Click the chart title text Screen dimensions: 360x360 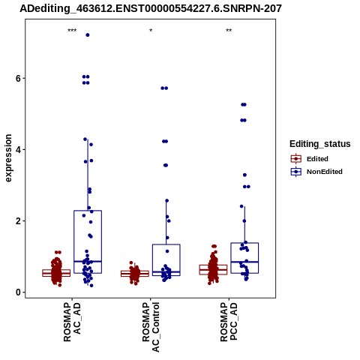[151, 8]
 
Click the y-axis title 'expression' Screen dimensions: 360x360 [8, 158]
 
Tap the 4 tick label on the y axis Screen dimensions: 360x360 [18, 150]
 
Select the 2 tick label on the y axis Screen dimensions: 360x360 [18, 221]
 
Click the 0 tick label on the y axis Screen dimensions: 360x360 [18, 292]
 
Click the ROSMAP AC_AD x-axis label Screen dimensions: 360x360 [72, 322]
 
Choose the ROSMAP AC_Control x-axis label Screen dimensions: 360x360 [151, 327]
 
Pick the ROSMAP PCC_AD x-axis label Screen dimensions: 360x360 [229, 322]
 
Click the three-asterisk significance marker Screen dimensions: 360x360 [72, 31]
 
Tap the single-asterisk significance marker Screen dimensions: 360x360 [151, 31]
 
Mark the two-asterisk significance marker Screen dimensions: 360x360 [229, 31]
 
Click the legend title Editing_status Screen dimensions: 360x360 [320, 144]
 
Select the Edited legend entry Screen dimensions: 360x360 [309, 159]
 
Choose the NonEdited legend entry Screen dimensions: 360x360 [316, 172]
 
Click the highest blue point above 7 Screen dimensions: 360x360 [88, 35]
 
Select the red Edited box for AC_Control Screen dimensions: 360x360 [135, 271]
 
